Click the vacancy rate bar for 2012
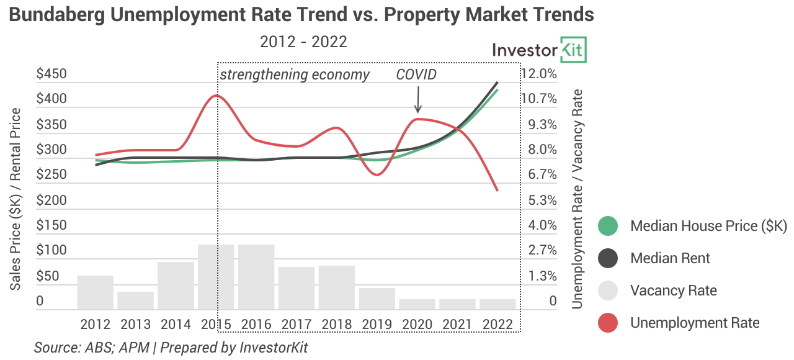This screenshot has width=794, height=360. pyautogui.click(x=96, y=292)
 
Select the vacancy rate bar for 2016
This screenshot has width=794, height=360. pyautogui.click(x=256, y=277)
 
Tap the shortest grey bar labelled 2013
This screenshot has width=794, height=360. pyautogui.click(x=135, y=300)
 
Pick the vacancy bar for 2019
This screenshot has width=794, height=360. pyautogui.click(x=377, y=299)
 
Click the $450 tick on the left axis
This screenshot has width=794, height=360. pyautogui.click(x=51, y=74)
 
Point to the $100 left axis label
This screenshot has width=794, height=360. pyautogui.click(x=51, y=251)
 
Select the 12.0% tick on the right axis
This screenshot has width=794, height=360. pyautogui.click(x=539, y=74)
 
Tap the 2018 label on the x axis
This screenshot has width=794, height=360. pyautogui.click(x=336, y=325)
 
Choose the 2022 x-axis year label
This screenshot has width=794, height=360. pyautogui.click(x=497, y=325)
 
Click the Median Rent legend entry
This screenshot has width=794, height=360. pyautogui.click(x=670, y=258)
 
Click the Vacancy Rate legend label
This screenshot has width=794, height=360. pyautogui.click(x=673, y=290)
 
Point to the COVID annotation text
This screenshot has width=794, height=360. pyautogui.click(x=416, y=75)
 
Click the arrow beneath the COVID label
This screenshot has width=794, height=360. pyautogui.click(x=417, y=99)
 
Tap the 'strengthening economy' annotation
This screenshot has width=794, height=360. pyautogui.click(x=295, y=75)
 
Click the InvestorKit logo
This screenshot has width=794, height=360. pyautogui.click(x=539, y=50)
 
